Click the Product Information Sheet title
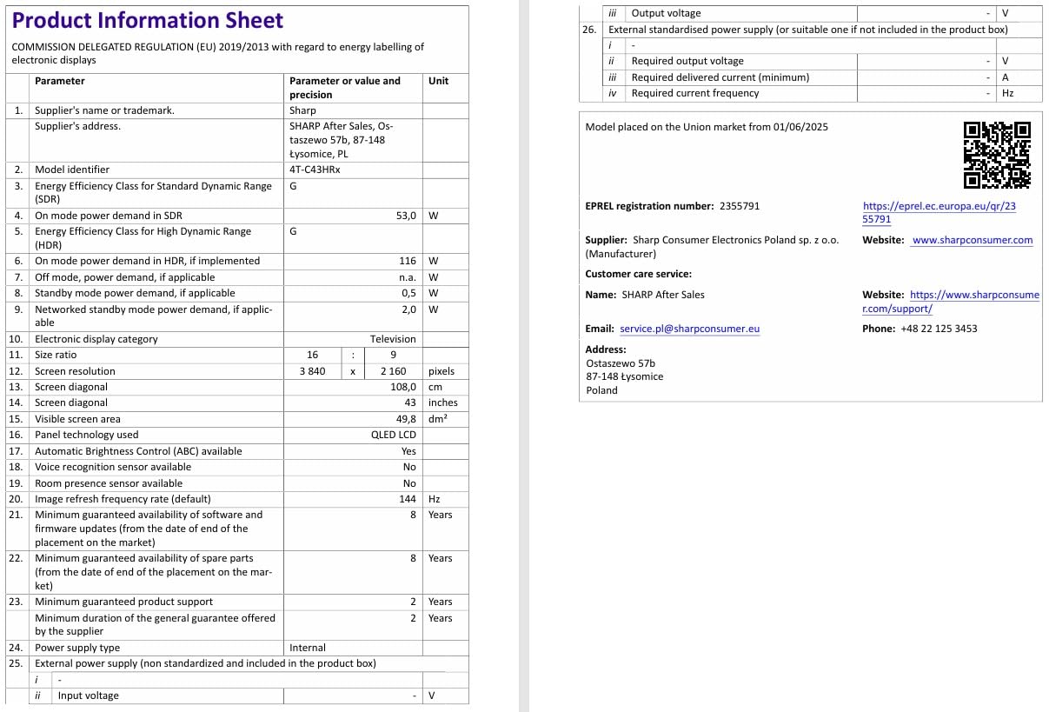coord(148,21)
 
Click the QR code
coord(997,155)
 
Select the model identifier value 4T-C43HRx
coord(315,170)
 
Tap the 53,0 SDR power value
coord(406,215)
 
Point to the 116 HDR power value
coord(408,261)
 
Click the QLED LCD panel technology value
coord(394,435)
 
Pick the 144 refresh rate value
coord(408,499)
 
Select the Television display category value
coord(393,339)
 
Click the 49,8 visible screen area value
coord(406,419)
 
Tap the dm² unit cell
coord(438,419)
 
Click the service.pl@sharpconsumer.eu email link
coord(690,329)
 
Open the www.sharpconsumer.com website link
coord(973,240)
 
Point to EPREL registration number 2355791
coord(740,206)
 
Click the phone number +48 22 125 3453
coord(939,329)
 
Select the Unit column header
coord(439,81)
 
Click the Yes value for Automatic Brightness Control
coord(408,451)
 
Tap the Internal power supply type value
coord(308,648)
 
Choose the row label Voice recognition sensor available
coord(113,467)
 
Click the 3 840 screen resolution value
coord(312,371)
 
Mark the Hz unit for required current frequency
coord(1007,93)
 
